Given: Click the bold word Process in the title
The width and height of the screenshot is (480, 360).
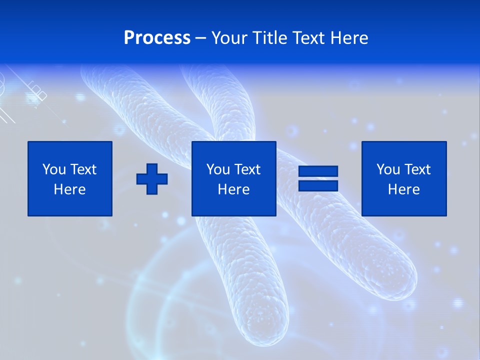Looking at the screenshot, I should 157,38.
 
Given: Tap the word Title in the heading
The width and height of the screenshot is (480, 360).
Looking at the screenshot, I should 269,38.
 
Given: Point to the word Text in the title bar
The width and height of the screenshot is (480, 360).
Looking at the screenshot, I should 311,38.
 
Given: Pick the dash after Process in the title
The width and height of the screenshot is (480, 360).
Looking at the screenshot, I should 201,38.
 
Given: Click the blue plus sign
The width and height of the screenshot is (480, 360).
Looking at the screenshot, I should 152,178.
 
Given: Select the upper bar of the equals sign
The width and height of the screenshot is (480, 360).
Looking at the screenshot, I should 318,171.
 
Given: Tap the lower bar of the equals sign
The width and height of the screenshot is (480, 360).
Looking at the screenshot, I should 318,185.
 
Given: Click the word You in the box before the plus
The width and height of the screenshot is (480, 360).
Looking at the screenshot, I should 53,169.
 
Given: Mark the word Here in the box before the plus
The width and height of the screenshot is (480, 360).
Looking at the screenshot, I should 69,189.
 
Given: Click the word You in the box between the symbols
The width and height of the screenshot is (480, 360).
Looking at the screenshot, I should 217,169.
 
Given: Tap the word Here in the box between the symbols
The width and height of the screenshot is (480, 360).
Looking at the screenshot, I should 233,189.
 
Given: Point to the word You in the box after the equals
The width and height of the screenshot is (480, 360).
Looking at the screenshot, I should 387,169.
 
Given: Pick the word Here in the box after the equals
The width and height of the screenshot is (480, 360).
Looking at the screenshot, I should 403,189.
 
